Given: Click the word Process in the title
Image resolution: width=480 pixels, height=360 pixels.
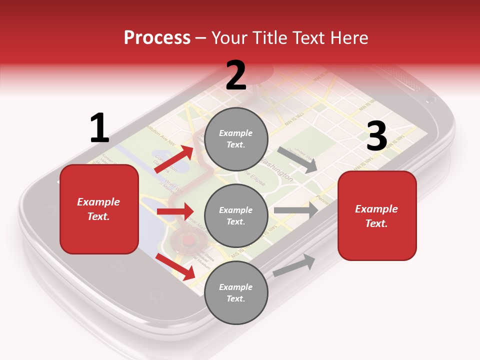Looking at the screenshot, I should click(157, 38).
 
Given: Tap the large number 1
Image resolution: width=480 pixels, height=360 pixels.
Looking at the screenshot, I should click(99, 128).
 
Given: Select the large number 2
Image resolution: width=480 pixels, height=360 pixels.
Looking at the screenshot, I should click(236, 75).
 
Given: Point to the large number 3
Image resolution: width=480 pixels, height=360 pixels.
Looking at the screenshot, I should click(376, 136).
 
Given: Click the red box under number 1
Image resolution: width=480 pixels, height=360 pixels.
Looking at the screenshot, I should click(99, 209).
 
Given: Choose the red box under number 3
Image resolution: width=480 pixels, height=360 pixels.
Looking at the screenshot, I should click(377, 216).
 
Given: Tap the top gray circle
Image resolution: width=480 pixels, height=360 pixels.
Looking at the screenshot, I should click(236, 139).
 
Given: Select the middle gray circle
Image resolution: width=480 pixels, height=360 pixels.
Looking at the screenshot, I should click(236, 216).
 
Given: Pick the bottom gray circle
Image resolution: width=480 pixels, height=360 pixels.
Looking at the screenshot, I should click(236, 293).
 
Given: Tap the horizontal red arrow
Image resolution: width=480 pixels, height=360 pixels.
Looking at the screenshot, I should click(175, 211).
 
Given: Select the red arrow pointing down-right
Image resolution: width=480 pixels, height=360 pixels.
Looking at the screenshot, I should click(175, 266).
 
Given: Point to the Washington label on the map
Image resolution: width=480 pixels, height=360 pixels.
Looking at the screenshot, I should click(278, 170).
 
